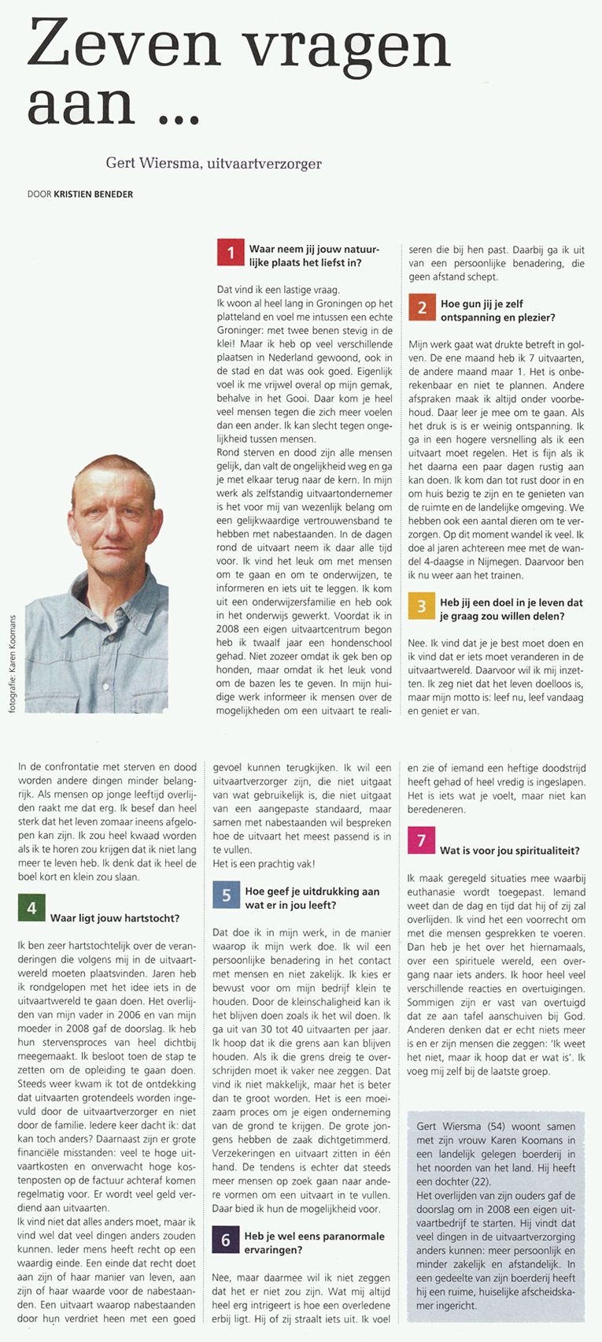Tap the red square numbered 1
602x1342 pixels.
coord(231,253)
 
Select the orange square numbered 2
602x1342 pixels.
coord(422,307)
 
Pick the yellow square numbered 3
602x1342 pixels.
coord(422,606)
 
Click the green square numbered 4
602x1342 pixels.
coord(31,907)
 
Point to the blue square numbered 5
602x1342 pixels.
coord(226,895)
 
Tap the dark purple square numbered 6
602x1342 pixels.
coord(226,1240)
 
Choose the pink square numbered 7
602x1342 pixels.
coord(422,840)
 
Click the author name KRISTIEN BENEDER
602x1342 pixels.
coord(93,194)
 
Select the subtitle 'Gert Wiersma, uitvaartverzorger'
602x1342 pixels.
coord(214,163)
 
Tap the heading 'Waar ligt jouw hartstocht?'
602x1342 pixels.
coord(115,918)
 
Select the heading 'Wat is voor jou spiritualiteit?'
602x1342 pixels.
coord(510,851)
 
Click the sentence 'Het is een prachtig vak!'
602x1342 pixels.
coord(264,864)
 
